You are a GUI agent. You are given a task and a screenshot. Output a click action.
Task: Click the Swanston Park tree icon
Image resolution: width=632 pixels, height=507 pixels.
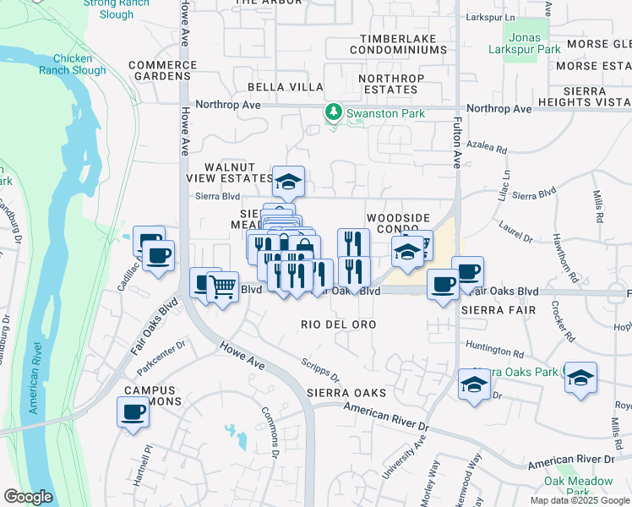(x=335, y=112)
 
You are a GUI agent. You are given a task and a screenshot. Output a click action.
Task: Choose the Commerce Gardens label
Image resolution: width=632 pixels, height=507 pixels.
(x=159, y=71)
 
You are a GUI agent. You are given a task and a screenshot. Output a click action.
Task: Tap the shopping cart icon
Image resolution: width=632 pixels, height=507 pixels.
(x=222, y=287)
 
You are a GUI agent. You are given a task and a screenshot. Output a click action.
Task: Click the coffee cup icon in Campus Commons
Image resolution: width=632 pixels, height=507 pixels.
(x=133, y=412)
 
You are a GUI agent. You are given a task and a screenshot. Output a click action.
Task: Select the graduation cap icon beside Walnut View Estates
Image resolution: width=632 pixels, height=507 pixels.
(x=288, y=180)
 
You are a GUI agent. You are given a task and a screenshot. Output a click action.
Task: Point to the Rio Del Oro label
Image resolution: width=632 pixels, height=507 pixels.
(x=338, y=324)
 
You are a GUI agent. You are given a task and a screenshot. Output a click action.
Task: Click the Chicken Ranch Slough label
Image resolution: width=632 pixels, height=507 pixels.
(x=79, y=64)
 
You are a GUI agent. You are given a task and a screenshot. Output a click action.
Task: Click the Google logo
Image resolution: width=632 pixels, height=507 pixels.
(x=27, y=497)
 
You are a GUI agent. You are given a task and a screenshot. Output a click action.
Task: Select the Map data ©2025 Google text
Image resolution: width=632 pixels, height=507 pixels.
(x=580, y=500)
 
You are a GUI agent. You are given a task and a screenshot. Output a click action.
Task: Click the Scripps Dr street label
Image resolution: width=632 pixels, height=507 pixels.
(x=320, y=370)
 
